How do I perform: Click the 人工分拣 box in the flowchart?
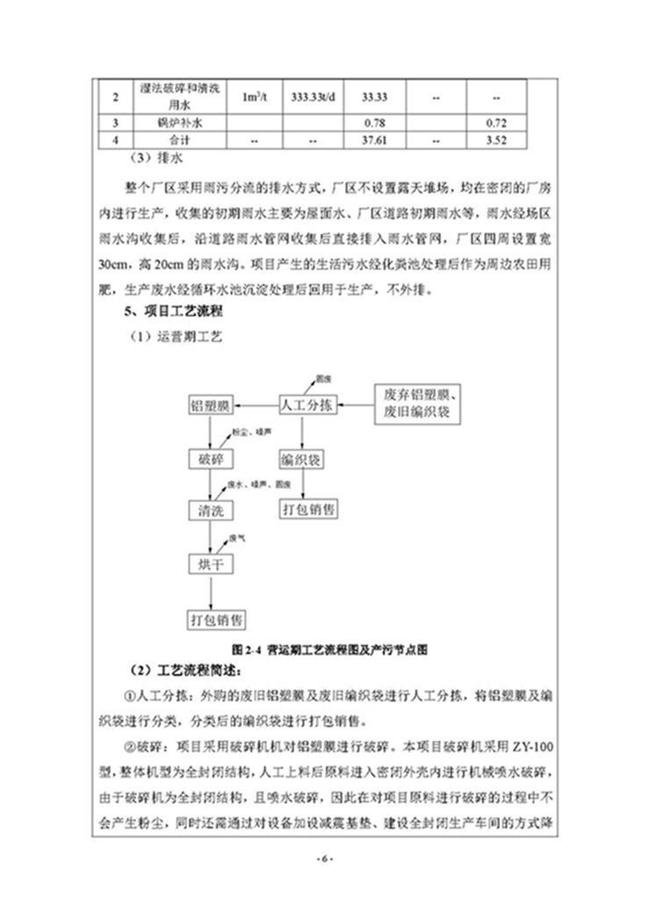coord(306,405)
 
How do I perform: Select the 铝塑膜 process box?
coord(210,405)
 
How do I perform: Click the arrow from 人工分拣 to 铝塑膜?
coord(255,405)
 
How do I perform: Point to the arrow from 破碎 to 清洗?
coord(210,484)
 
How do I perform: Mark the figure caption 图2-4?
coord(329,650)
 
